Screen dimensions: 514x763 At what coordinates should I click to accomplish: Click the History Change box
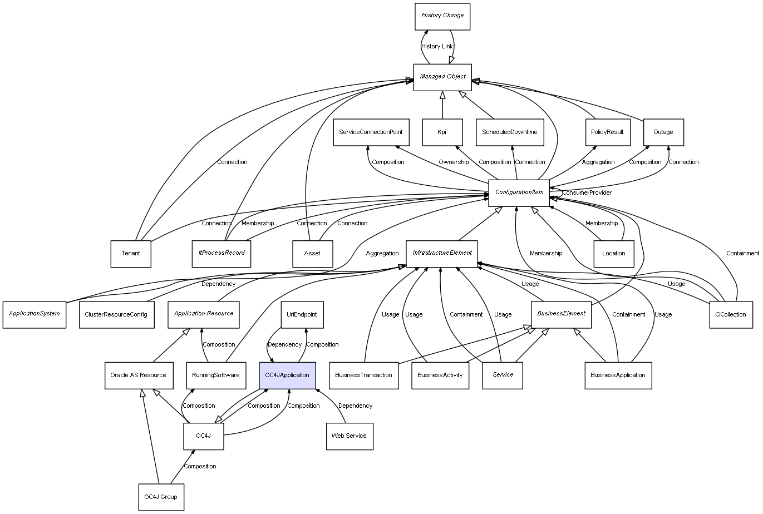[x=442, y=16]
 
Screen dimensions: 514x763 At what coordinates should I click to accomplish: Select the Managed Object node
[x=442, y=77]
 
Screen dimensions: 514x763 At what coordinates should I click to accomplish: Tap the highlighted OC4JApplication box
[x=287, y=375]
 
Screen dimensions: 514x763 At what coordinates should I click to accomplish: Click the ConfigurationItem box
[x=519, y=192]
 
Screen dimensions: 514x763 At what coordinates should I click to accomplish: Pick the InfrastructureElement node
[x=442, y=253]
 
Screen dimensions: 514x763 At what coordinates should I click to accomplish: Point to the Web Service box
[x=349, y=436]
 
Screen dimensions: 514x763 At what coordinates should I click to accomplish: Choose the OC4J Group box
[x=161, y=497]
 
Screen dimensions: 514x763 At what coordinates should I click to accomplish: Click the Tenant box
[x=131, y=254]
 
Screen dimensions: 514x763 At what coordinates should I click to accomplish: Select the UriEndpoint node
[x=302, y=315]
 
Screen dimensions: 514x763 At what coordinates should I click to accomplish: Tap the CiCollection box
[x=731, y=315]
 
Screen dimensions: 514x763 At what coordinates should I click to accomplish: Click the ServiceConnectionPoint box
[x=371, y=132]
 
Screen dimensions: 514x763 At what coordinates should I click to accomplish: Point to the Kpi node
[x=442, y=132]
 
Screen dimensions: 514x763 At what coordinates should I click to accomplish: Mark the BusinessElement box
[x=561, y=314]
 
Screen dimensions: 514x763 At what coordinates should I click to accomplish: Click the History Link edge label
[x=437, y=47]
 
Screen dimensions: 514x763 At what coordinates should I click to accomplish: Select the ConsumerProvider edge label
[x=587, y=193]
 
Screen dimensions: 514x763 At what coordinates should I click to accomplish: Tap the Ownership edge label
[x=454, y=162]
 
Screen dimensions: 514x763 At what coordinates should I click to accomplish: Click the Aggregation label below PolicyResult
[x=598, y=162]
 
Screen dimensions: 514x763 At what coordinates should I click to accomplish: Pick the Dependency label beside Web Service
[x=355, y=406]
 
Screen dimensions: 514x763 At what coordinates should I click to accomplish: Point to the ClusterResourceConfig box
[x=116, y=315]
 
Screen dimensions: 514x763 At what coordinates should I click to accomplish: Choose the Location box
[x=613, y=254]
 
